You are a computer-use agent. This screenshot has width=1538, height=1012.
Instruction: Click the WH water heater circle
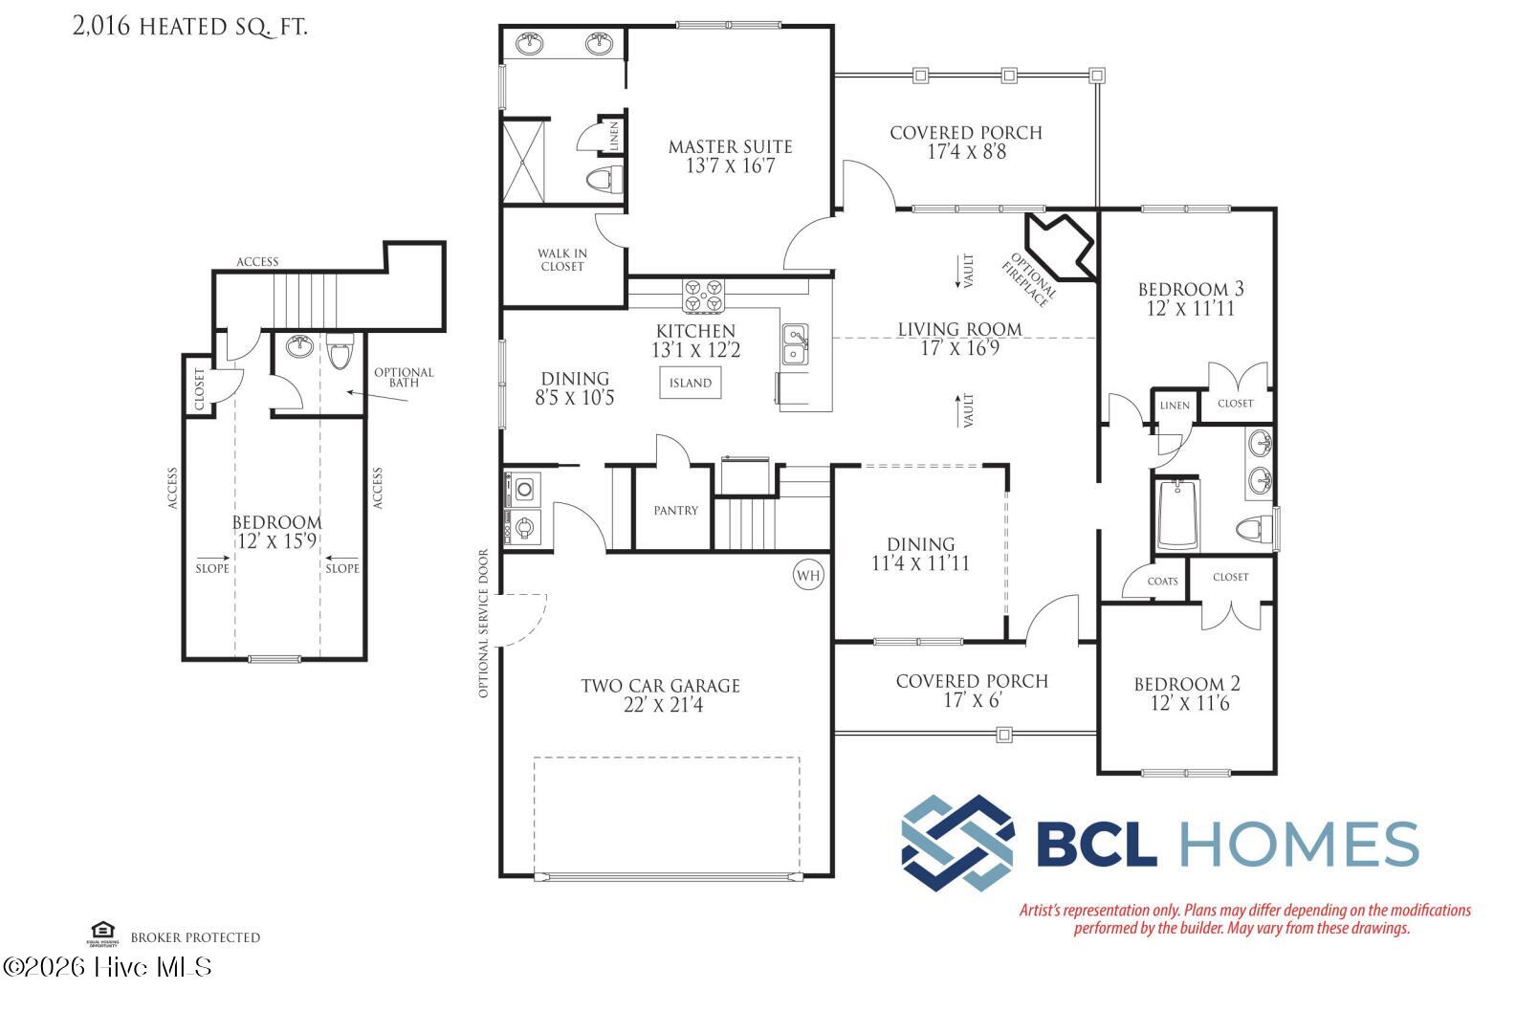tap(808, 575)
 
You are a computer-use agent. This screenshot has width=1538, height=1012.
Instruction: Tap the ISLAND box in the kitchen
tap(690, 383)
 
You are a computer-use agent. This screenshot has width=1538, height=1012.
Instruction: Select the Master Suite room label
tap(730, 146)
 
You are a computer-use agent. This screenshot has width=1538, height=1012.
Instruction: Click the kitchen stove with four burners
tap(703, 296)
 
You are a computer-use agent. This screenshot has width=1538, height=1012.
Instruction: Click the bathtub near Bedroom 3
tap(1177, 515)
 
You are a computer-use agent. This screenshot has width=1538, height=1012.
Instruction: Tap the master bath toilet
tap(604, 180)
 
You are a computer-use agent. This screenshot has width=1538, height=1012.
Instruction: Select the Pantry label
tap(675, 510)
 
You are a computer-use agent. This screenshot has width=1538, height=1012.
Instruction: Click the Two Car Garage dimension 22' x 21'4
tap(660, 706)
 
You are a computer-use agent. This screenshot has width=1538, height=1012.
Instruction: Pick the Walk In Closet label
tap(562, 260)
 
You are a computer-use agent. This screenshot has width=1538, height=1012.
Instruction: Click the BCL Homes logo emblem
tap(957, 843)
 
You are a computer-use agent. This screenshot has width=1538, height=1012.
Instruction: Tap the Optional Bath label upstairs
tap(403, 377)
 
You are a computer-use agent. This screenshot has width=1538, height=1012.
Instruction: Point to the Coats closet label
tap(1162, 582)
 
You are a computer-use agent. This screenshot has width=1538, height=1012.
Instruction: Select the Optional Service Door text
tap(483, 623)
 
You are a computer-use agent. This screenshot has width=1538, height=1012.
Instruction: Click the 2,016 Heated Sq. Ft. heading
tap(189, 26)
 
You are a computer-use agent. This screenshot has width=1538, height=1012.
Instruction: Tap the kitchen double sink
tap(795, 344)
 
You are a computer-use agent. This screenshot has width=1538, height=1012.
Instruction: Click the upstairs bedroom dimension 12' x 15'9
tap(276, 541)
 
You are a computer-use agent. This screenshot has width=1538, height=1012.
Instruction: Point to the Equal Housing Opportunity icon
tap(101, 932)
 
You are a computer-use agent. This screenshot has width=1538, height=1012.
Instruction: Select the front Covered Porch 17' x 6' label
tap(972, 691)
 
